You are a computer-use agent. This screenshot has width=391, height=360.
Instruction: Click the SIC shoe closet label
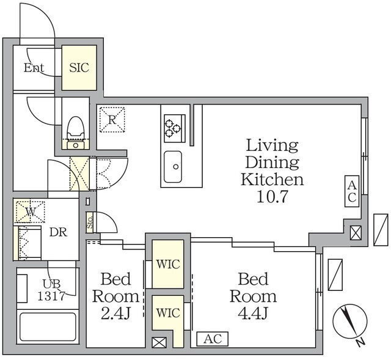pyautogui.click(x=79, y=68)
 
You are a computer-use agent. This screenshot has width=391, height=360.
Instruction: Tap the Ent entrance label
pyautogui.click(x=34, y=68)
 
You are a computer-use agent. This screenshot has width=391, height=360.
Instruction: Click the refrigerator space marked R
pyautogui.click(x=112, y=120)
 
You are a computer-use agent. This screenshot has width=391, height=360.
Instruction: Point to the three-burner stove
pyautogui.click(x=175, y=128)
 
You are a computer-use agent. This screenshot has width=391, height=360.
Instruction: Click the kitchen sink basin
pyautogui.click(x=173, y=167)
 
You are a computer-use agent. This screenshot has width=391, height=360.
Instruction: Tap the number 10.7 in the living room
pyautogui.click(x=272, y=197)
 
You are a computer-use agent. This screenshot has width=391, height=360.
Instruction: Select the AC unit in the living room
pyautogui.click(x=352, y=191)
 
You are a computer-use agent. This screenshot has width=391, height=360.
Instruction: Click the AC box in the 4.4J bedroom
pyautogui.click(x=213, y=339)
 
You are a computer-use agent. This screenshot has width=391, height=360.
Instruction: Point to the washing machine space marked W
pyautogui.click(x=31, y=211)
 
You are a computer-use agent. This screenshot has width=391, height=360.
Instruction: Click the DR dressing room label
pyautogui.click(x=59, y=232)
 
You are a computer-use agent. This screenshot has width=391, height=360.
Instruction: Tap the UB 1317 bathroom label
pyautogui.click(x=51, y=290)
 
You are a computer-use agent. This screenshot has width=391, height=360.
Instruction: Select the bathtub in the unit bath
pyautogui.click(x=48, y=327)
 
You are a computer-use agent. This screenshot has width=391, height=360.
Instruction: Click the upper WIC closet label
pyautogui.click(x=168, y=264)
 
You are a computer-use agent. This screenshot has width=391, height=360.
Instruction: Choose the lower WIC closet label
pyautogui.click(x=168, y=313)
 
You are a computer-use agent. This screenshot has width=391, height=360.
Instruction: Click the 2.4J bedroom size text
pyautogui.click(x=115, y=314)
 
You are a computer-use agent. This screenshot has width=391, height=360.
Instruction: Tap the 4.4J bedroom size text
pyautogui.click(x=253, y=314)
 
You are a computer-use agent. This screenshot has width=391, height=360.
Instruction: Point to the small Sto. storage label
pyautogui.click(x=90, y=223)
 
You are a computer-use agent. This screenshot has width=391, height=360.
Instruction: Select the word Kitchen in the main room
pyautogui.click(x=272, y=179)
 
